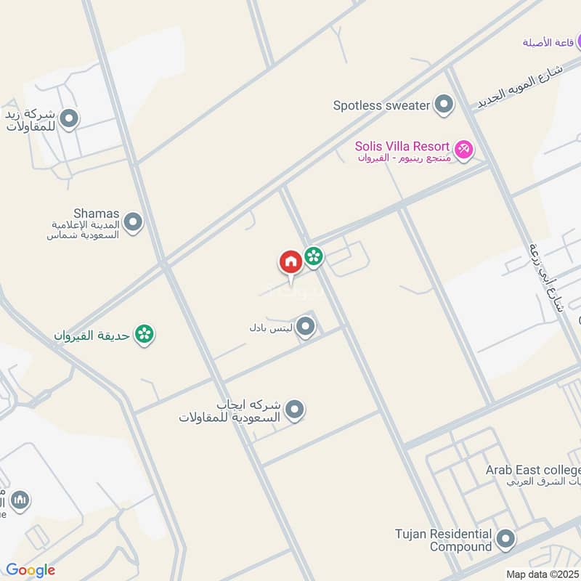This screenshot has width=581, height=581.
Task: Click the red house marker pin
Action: [x=290, y=263]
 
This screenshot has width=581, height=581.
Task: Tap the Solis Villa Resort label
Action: [x=402, y=146]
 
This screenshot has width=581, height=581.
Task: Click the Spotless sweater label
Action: [x=381, y=105]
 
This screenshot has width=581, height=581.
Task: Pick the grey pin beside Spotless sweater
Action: [x=443, y=105]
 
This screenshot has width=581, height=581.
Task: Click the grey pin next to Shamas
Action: [x=132, y=222]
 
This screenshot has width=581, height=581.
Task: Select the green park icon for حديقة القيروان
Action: [x=145, y=335]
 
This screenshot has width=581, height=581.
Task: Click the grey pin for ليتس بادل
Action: [x=306, y=327]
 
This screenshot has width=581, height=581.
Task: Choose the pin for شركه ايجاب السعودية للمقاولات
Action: [x=294, y=410]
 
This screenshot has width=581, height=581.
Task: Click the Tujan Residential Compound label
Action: [x=444, y=540]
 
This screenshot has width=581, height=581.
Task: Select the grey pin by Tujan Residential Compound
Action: [x=505, y=540]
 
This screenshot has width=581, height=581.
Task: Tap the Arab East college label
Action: [x=532, y=470]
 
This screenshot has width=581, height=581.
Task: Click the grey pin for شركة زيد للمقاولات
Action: [x=69, y=118]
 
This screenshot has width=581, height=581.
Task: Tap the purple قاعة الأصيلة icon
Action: [x=574, y=41]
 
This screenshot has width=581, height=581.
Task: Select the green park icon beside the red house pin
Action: [x=314, y=256]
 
